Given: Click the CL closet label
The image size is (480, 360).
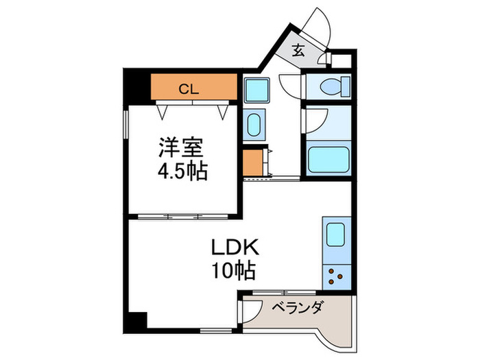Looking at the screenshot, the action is coord(189,89).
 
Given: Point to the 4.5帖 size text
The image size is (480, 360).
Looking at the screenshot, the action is coord(183,171).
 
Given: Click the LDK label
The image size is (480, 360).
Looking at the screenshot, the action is coord(235,248).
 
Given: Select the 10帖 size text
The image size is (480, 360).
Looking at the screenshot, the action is coord(234,271).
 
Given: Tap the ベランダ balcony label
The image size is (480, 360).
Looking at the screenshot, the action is coord(297,308).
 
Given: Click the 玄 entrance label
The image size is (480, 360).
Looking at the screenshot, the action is coord(298,51).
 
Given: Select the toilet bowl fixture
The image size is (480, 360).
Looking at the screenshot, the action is coord(335,86).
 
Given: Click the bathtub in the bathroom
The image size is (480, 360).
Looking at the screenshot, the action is coord(328,160).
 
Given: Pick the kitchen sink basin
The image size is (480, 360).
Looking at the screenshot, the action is coord(335,235).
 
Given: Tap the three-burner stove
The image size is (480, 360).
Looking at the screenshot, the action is coord(337,277).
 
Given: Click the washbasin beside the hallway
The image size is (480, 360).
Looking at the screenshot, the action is coord(254,125).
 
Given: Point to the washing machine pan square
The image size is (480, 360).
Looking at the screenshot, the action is coord(257,90).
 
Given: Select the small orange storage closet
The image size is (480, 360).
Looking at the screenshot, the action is coord(253,163).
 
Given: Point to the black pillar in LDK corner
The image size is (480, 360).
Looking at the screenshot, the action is coord(138,320).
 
